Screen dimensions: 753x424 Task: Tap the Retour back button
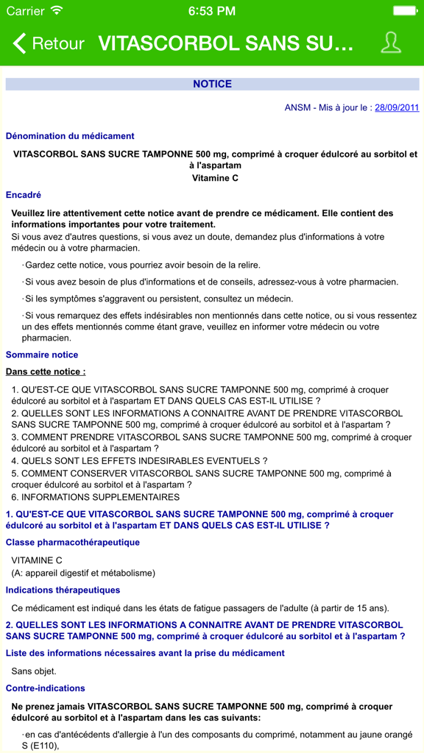(49, 43)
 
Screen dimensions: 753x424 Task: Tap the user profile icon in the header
(391, 43)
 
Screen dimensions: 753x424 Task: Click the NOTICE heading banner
(212, 84)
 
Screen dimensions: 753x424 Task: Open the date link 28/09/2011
(397, 107)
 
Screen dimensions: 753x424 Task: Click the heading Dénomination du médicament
(70, 135)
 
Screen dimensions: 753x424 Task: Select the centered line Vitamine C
(215, 177)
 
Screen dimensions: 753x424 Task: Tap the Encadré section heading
(24, 195)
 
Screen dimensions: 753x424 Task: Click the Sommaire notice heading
(42, 354)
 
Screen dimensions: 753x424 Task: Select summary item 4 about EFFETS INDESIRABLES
(140, 461)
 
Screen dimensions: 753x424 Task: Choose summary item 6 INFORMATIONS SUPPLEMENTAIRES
(96, 497)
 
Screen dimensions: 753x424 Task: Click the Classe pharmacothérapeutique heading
(73, 542)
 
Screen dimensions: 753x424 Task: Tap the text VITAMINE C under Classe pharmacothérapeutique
(37, 560)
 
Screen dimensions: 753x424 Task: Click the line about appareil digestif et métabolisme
(83, 573)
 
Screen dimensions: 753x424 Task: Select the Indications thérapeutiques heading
(63, 590)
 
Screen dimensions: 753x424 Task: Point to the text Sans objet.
(34, 671)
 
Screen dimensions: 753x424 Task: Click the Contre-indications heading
(46, 688)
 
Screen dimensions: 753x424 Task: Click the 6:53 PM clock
(212, 11)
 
